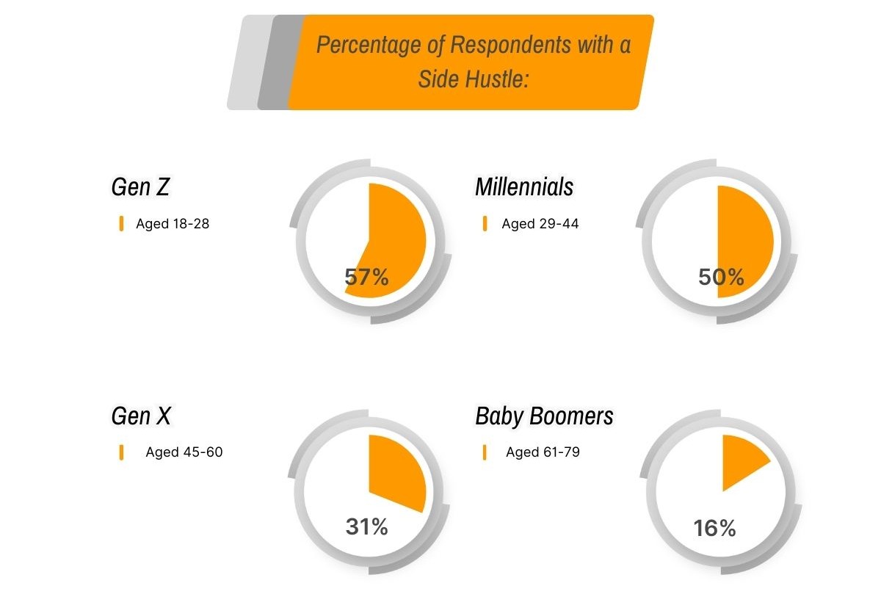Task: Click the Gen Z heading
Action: (x=140, y=187)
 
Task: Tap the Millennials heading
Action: (x=524, y=187)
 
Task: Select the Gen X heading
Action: (x=141, y=416)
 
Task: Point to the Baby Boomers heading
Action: (x=544, y=416)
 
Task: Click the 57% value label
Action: (x=366, y=278)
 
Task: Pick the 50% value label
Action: (x=721, y=278)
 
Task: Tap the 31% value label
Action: (x=366, y=526)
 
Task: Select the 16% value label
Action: (x=714, y=528)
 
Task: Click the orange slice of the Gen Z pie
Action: (x=396, y=235)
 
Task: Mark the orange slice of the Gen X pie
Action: (x=394, y=470)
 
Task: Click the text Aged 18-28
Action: (x=173, y=224)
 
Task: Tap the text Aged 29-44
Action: (x=540, y=224)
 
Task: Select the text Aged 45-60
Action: (x=184, y=452)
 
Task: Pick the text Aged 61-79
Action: (x=543, y=452)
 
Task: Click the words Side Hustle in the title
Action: (x=474, y=79)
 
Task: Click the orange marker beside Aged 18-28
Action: (x=121, y=224)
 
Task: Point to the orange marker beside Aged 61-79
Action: (x=485, y=452)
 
